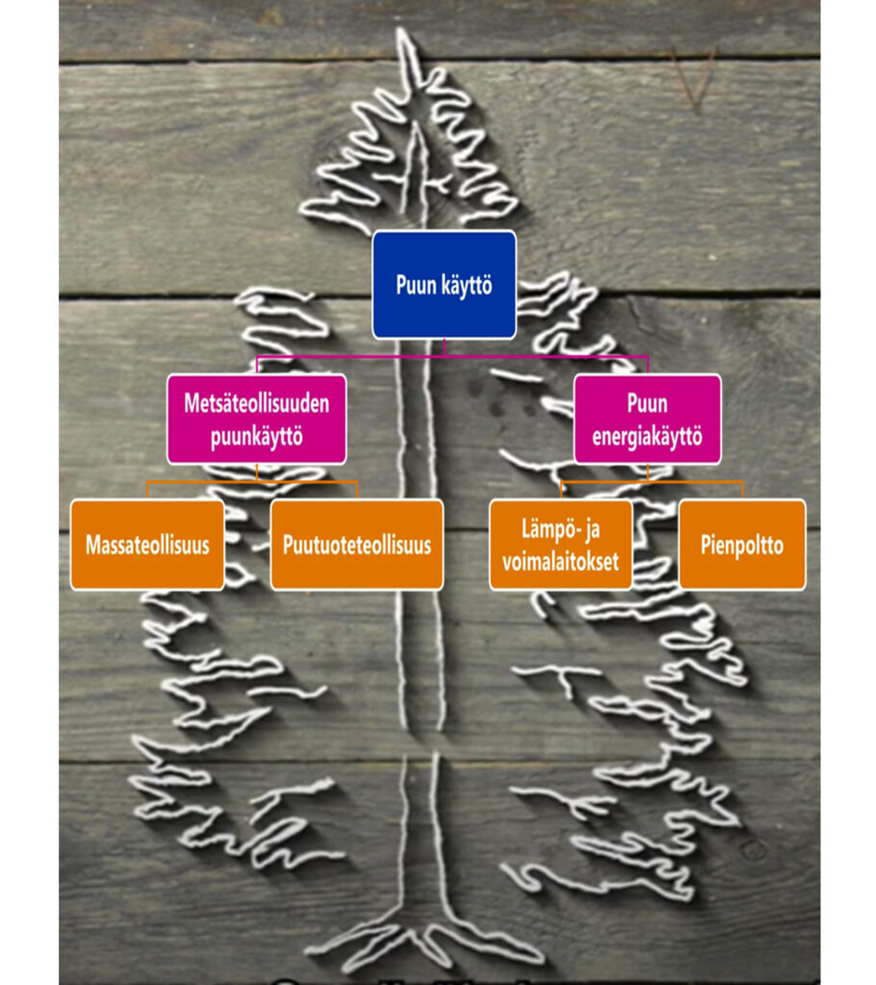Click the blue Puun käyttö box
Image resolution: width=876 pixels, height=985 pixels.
[x=444, y=285]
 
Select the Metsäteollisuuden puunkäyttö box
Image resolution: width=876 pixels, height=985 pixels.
[x=257, y=419]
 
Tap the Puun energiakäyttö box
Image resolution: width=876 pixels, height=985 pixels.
[x=647, y=419]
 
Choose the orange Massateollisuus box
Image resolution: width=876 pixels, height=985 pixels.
[x=147, y=544]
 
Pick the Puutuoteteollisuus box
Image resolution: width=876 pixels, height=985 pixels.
[x=356, y=544]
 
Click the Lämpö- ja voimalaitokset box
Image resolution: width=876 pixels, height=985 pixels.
[x=560, y=544]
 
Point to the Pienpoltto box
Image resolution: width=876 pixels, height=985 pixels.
[x=742, y=544]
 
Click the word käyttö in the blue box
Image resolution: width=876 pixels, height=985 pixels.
[x=466, y=286]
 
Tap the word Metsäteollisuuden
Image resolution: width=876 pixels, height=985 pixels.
[x=257, y=403]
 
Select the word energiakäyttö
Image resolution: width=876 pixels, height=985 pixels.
[x=647, y=437]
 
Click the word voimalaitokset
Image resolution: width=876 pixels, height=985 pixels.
[x=560, y=561]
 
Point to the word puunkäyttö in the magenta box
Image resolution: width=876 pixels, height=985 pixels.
[x=257, y=437]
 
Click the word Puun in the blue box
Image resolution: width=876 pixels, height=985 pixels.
[x=416, y=285]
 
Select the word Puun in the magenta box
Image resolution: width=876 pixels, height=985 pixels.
[x=647, y=403]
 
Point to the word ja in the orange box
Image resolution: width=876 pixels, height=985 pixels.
[x=592, y=531]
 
